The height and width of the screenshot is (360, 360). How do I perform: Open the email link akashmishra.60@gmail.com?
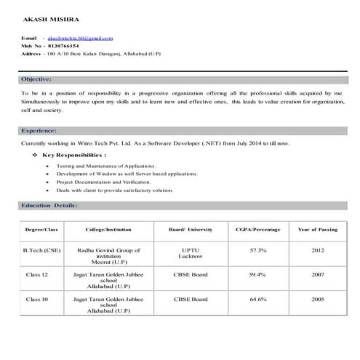pyautogui.click(x=80, y=37)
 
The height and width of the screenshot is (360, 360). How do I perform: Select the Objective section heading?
pyautogui.click(x=36, y=78)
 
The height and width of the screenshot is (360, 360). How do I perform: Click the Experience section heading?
pyautogui.click(x=39, y=130)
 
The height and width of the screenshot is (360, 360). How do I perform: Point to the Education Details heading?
pyautogui.click(x=49, y=206)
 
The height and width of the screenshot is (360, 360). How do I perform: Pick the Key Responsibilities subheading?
pyautogui.click(x=74, y=155)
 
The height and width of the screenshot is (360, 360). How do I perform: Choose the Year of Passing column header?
pyautogui.click(x=318, y=229)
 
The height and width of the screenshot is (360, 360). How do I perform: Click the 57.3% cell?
pyautogui.click(x=257, y=249)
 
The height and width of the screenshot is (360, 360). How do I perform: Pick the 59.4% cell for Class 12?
pyautogui.click(x=257, y=275)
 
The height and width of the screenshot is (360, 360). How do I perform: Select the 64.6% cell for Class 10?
pyautogui.click(x=257, y=299)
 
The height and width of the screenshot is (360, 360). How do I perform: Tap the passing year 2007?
pyautogui.click(x=318, y=275)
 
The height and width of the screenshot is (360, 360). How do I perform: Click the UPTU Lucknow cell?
pyautogui.click(x=191, y=253)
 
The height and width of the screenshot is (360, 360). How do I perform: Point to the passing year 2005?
pyautogui.click(x=318, y=299)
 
